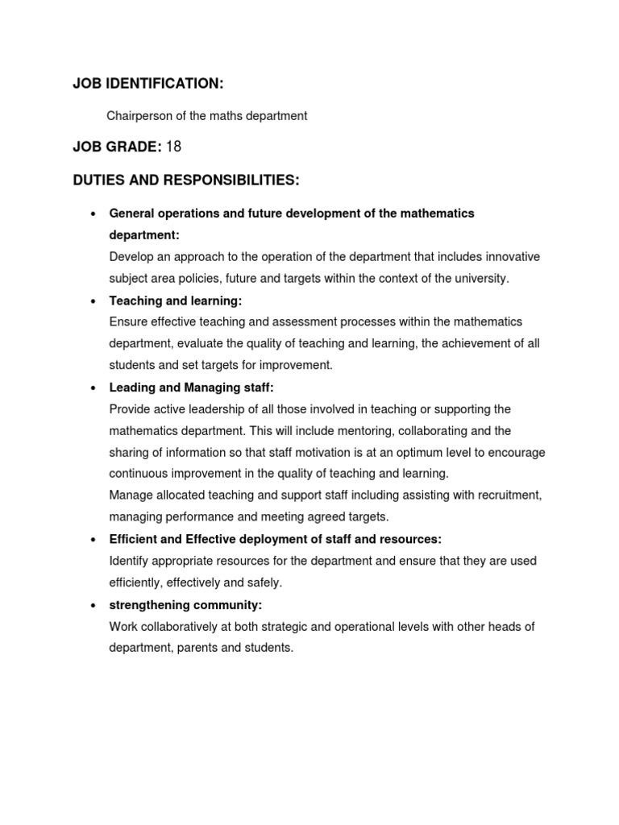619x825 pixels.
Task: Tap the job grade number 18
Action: pyautogui.click(x=173, y=146)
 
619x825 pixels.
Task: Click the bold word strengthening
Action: pyautogui.click(x=147, y=604)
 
